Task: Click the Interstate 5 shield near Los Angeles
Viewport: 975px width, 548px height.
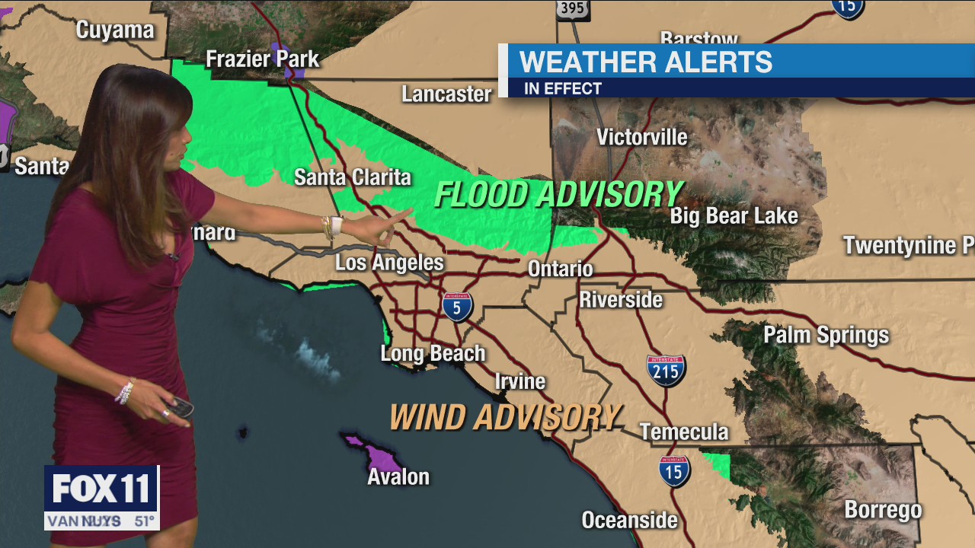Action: tap(457, 306)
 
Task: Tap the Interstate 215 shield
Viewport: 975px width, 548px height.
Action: tap(666, 370)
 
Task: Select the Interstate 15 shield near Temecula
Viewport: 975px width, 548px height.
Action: tap(674, 471)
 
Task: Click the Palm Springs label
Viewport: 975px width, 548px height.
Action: tap(826, 335)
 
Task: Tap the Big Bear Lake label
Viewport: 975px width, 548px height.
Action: tap(734, 215)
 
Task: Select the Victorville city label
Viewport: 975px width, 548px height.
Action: tap(641, 137)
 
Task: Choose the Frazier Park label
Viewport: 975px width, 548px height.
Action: tap(262, 59)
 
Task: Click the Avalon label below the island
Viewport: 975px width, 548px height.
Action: tap(398, 477)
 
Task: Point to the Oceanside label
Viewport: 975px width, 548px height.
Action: tap(629, 520)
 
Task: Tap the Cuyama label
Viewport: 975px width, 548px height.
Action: tap(115, 30)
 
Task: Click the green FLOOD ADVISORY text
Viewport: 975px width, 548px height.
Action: tap(558, 195)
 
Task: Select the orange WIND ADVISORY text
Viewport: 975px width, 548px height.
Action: tap(505, 417)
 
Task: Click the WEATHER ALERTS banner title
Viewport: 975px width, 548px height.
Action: tap(645, 62)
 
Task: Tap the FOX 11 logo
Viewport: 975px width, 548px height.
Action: tap(101, 489)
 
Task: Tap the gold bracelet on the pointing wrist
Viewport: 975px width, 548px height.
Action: tap(329, 227)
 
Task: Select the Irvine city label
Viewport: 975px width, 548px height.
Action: tap(520, 381)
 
